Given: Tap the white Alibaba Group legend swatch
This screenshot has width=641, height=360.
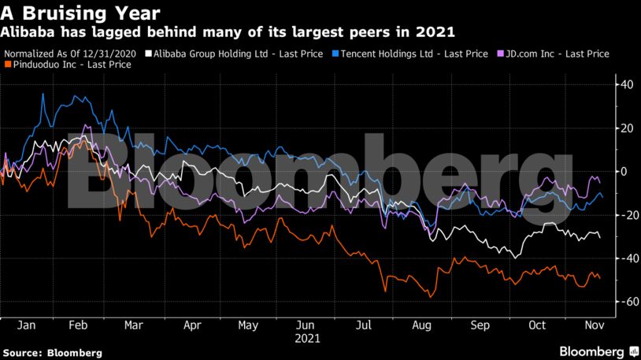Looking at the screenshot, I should [x=149, y=54].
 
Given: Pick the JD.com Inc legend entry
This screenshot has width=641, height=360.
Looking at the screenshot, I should [x=555, y=54].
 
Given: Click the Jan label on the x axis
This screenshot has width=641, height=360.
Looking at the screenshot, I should [x=25, y=324].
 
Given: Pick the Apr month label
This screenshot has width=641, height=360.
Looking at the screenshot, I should [x=193, y=324].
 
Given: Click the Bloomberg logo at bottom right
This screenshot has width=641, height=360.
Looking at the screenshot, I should [x=598, y=350].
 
